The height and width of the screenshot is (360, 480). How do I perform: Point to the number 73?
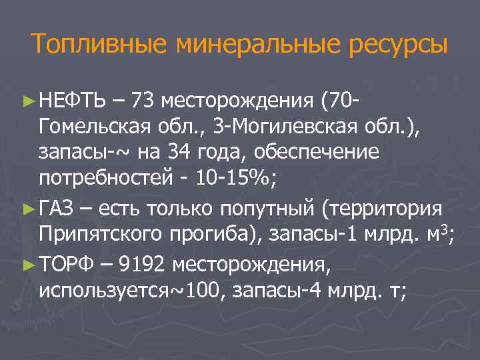145,101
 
